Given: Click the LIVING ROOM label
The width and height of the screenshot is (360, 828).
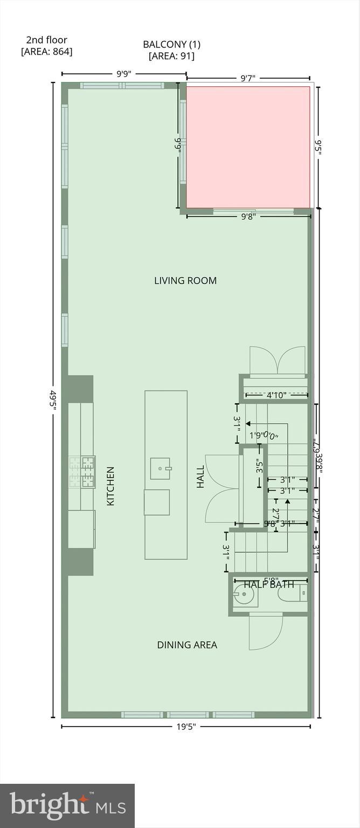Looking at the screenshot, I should (x=185, y=280).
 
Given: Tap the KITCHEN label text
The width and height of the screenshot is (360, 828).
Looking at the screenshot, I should (x=110, y=486).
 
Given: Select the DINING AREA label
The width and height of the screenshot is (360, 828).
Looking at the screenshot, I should (x=187, y=645).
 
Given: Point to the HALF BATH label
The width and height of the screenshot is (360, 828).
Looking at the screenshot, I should (x=269, y=584).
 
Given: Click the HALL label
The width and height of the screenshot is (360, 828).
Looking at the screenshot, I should (x=200, y=477).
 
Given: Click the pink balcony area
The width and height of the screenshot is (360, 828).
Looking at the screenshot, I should (x=248, y=147).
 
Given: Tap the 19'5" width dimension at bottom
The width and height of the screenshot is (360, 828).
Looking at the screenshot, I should (x=185, y=726).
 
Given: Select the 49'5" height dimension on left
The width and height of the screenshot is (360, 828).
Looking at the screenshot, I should (x=53, y=400).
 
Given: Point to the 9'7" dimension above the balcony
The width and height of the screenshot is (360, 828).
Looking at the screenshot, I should (x=248, y=78).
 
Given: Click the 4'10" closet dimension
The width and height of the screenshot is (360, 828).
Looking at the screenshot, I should (x=276, y=395).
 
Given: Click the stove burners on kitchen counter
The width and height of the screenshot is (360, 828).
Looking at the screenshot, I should (x=81, y=472).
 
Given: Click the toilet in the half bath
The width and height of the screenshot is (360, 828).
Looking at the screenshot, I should (x=292, y=595).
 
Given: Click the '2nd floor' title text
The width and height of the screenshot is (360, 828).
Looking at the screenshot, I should (x=46, y=40).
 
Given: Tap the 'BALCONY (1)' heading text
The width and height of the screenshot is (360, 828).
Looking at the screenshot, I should (x=171, y=44).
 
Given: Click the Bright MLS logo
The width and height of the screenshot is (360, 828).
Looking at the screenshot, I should (x=67, y=805).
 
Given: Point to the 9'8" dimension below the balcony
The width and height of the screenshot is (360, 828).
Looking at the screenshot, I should (x=248, y=217).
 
